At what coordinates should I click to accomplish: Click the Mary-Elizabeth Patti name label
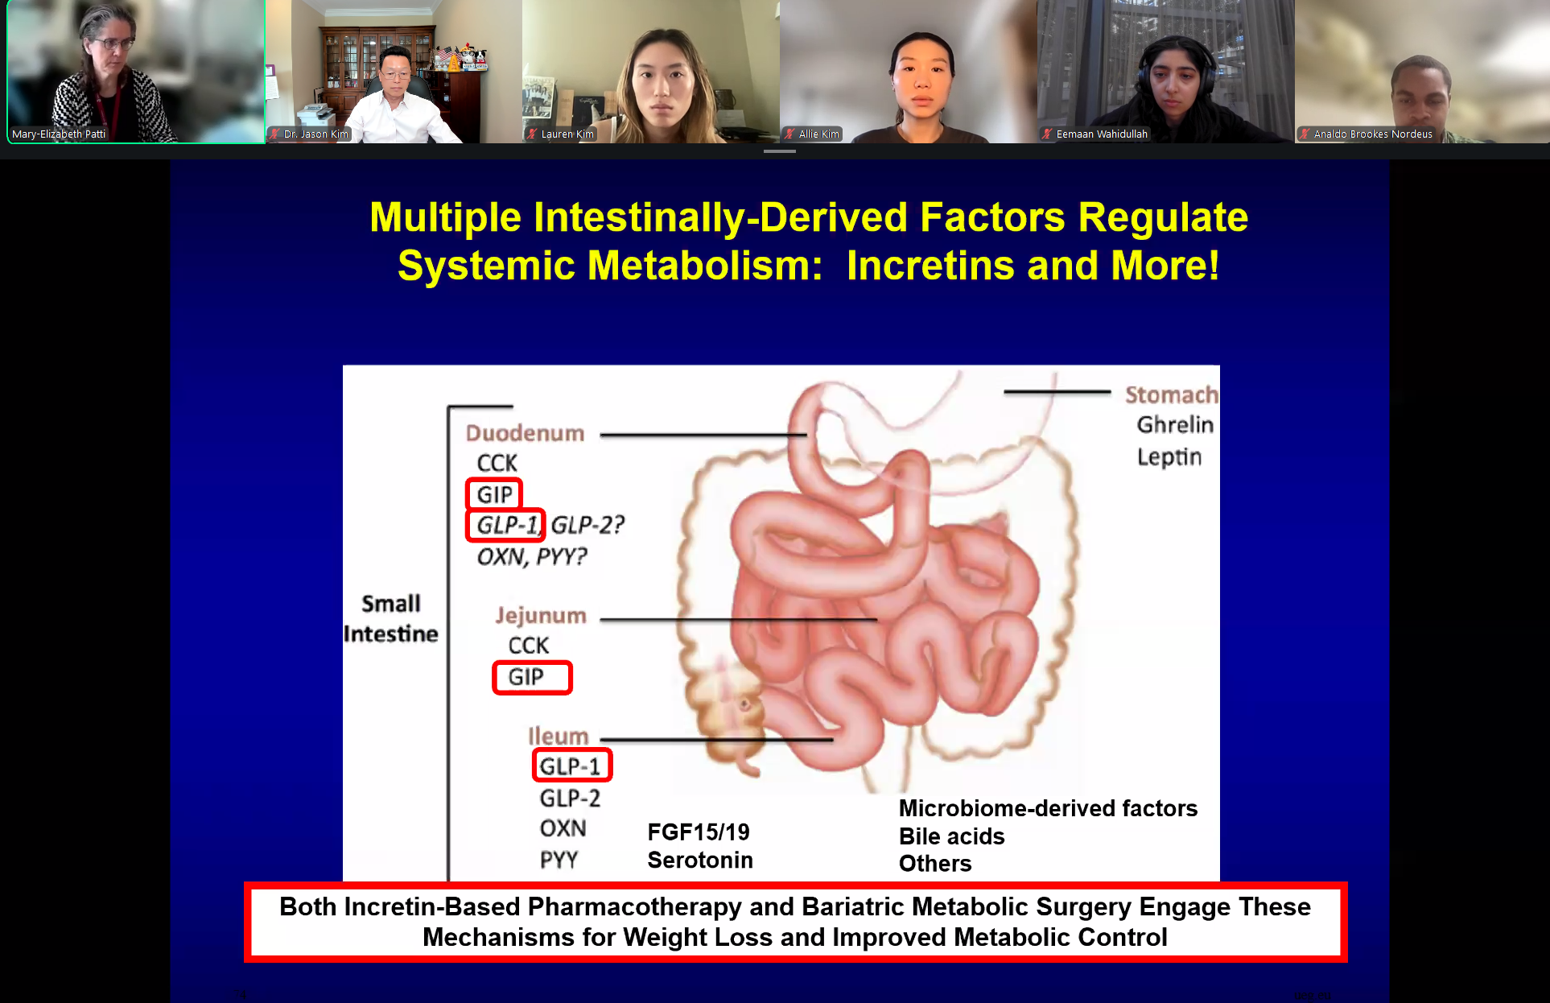[x=59, y=134]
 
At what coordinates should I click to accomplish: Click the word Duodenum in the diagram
[x=525, y=433]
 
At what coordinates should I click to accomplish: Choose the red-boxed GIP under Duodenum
[x=494, y=494]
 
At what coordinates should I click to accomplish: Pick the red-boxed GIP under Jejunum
[x=532, y=677]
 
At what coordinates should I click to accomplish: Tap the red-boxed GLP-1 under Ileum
[x=572, y=766]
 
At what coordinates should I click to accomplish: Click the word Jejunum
[x=541, y=616]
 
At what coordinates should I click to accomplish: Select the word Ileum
[x=559, y=736]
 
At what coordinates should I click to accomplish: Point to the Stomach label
[x=1172, y=394]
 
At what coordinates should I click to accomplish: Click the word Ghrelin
[x=1175, y=424]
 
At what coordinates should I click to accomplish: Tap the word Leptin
[x=1169, y=457]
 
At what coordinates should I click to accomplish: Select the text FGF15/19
[x=699, y=832]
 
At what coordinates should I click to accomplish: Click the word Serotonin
[x=700, y=860]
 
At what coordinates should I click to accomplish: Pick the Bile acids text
[x=952, y=836]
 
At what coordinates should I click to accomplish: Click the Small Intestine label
[x=391, y=619]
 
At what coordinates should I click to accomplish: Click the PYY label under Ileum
[x=559, y=860]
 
